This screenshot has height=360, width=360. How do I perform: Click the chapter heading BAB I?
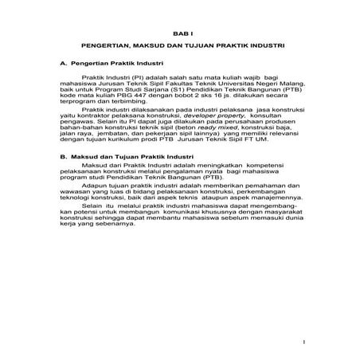pyautogui.click(x=180, y=34)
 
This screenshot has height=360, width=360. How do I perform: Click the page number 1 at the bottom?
pyautogui.click(x=305, y=343)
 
